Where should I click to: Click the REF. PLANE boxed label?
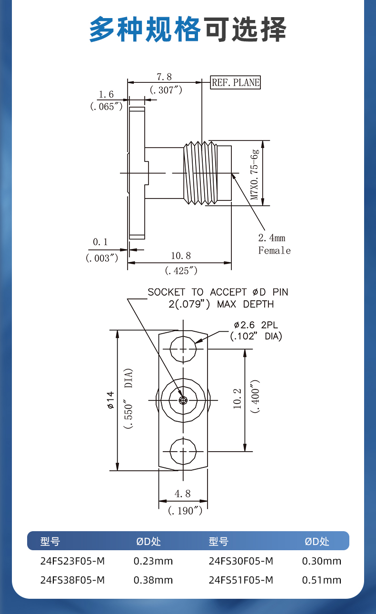pos(236,82)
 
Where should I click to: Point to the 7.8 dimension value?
pos(164,77)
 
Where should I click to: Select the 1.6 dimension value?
pos(106,94)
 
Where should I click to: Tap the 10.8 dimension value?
pos(181,256)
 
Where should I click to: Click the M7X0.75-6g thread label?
pos(254,175)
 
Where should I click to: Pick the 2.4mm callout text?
pos(272,238)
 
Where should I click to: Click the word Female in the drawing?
pos(274,250)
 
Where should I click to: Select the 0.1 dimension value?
pos(100,242)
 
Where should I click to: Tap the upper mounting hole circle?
pos(183,349)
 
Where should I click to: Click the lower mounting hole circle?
pos(183,451)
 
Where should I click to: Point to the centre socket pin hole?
pos(183,400)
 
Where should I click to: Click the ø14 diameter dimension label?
pos(110,400)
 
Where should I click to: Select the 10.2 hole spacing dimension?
pos(237,398)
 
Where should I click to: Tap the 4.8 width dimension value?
pos(182,494)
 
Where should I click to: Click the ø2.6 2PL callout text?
pos(256,325)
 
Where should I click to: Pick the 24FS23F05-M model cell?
pos(73,561)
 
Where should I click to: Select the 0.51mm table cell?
pos(322,580)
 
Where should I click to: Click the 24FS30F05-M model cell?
pos(241,561)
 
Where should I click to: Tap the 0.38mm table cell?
pos(153,580)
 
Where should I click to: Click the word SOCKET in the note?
pos(167,292)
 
